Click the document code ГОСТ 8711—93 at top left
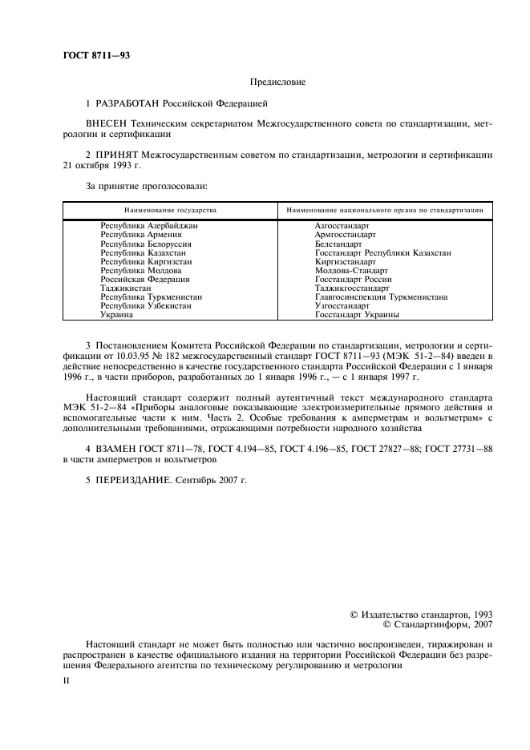(x=95, y=55)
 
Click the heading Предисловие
(x=277, y=81)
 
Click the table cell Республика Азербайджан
(x=148, y=226)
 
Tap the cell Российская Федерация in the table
(x=144, y=279)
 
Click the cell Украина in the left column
(x=117, y=314)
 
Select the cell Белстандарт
(x=338, y=244)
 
